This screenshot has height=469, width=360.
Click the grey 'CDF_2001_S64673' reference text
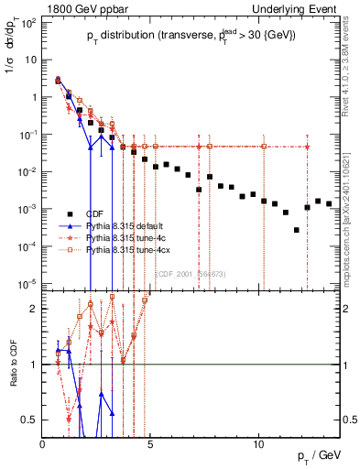[191, 273]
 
